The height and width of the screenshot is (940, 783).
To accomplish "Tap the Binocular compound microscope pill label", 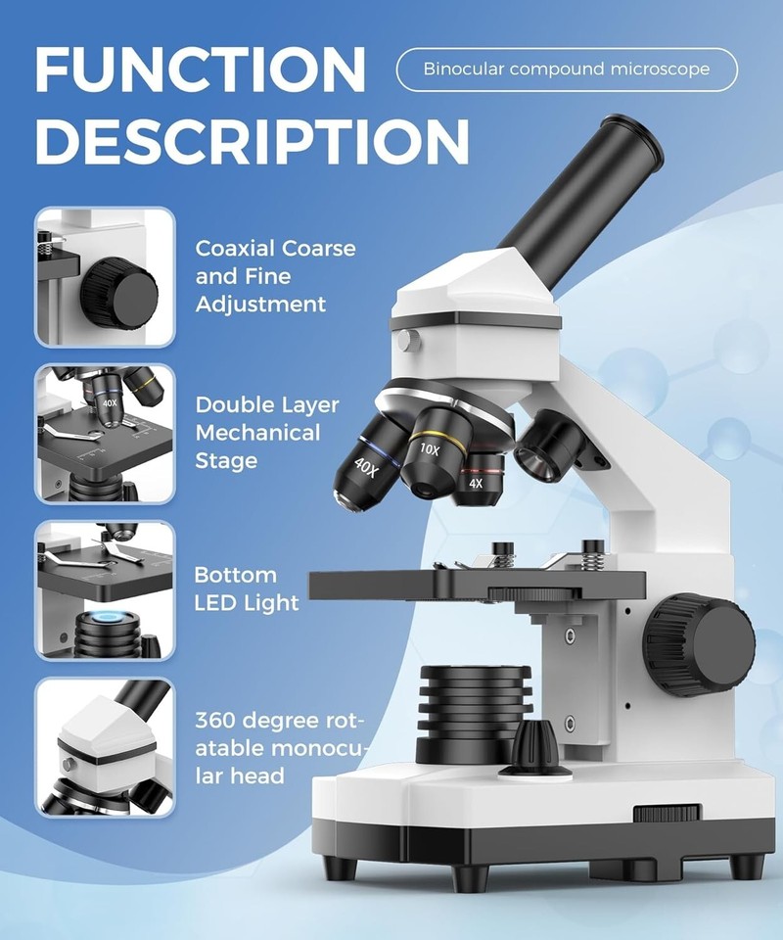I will pyautogui.click(x=567, y=70).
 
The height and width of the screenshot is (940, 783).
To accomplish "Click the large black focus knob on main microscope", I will pyautogui.click(x=700, y=643).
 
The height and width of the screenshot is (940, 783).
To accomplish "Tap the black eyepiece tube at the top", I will pyautogui.click(x=577, y=196).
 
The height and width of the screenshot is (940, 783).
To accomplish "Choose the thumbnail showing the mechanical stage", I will pyautogui.click(x=105, y=433).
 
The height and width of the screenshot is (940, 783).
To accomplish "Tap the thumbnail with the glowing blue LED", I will pyautogui.click(x=105, y=589).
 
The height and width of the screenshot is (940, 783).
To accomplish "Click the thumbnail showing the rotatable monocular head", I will pyautogui.click(x=105, y=746).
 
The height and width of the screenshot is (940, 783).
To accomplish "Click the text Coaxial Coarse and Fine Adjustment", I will pyautogui.click(x=275, y=276).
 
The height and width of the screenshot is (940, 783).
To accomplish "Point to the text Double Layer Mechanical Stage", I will pyautogui.click(x=267, y=433).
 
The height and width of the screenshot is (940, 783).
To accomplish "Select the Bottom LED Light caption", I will pyautogui.click(x=247, y=588).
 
